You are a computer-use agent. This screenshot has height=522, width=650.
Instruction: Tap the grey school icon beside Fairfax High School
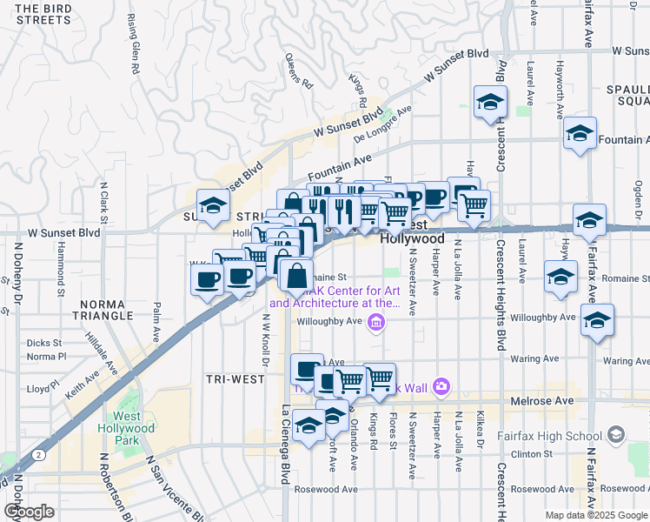pyautogui.click(x=616, y=433)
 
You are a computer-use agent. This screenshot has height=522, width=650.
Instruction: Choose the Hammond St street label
pyautogui.click(x=62, y=265)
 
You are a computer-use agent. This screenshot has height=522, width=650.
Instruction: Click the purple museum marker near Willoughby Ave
pyautogui.click(x=375, y=324)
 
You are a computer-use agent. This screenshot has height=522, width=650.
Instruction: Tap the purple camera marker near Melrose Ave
pyautogui.click(x=441, y=385)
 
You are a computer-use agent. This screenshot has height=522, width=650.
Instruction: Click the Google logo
pyautogui.click(x=29, y=512)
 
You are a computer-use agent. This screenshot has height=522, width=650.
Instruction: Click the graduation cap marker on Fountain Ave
pyautogui.click(x=580, y=134)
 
